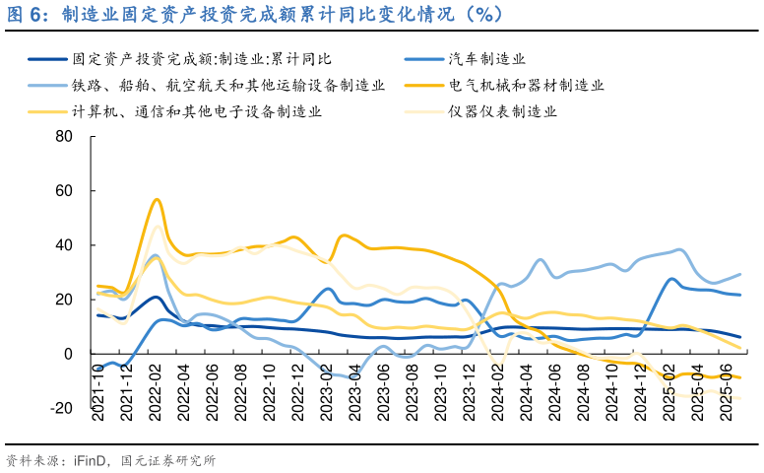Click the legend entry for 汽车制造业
pos(486,59)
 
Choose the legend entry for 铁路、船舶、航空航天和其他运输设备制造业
pos(227,86)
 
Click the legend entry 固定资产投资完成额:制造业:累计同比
pos(202,59)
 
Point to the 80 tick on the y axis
pos(64,136)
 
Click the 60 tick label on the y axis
pos(64,190)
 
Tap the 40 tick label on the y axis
pos(64,244)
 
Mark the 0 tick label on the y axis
pos(68,354)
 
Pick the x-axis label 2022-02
pos(156,392)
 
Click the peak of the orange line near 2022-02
pos(157,200)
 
